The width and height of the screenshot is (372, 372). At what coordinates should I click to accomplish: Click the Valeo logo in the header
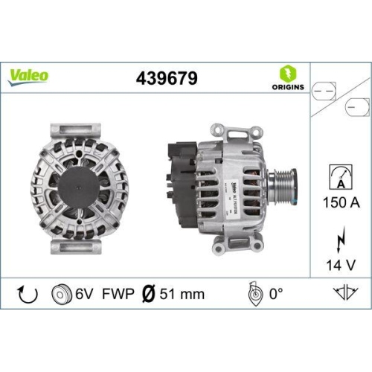[29, 74]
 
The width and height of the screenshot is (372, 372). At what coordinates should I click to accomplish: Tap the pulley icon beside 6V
[61, 294]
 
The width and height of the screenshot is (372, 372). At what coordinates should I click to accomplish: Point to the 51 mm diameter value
[182, 294]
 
